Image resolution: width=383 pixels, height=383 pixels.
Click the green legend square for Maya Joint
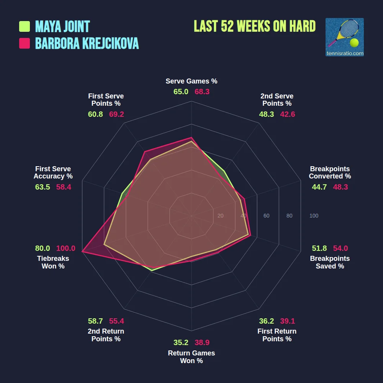click(x=25, y=26)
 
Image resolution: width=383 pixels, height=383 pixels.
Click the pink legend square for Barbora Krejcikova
click(x=25, y=44)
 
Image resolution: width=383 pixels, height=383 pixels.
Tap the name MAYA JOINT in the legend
click(x=62, y=26)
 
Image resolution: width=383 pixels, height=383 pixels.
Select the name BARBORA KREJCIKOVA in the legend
click(x=87, y=44)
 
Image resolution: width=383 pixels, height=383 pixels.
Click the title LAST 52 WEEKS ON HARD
click(x=255, y=26)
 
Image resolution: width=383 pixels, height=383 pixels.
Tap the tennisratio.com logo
click(x=344, y=37)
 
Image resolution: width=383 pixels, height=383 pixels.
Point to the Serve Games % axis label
click(x=191, y=81)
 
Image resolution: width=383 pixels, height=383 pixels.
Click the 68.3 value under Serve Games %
click(x=202, y=92)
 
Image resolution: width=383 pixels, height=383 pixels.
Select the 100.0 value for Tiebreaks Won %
click(x=66, y=248)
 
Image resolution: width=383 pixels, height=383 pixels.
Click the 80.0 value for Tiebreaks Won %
click(x=43, y=248)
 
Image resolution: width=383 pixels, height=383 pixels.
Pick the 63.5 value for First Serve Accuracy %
click(x=43, y=187)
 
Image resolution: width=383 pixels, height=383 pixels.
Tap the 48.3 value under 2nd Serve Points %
click(x=266, y=114)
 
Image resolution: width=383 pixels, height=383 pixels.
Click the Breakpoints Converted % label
click(x=330, y=172)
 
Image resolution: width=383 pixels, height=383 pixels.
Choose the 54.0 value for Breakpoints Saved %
click(x=340, y=248)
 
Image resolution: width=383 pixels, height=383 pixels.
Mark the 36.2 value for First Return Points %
click(x=266, y=321)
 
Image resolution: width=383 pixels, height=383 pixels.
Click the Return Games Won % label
click(x=191, y=357)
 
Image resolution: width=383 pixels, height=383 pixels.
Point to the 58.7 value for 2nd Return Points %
click(x=95, y=321)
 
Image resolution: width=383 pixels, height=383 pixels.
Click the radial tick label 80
click(x=289, y=216)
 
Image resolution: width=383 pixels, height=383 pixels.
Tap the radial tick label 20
click(x=220, y=216)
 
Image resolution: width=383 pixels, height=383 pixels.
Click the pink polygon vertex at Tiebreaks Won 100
click(x=82, y=252)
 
